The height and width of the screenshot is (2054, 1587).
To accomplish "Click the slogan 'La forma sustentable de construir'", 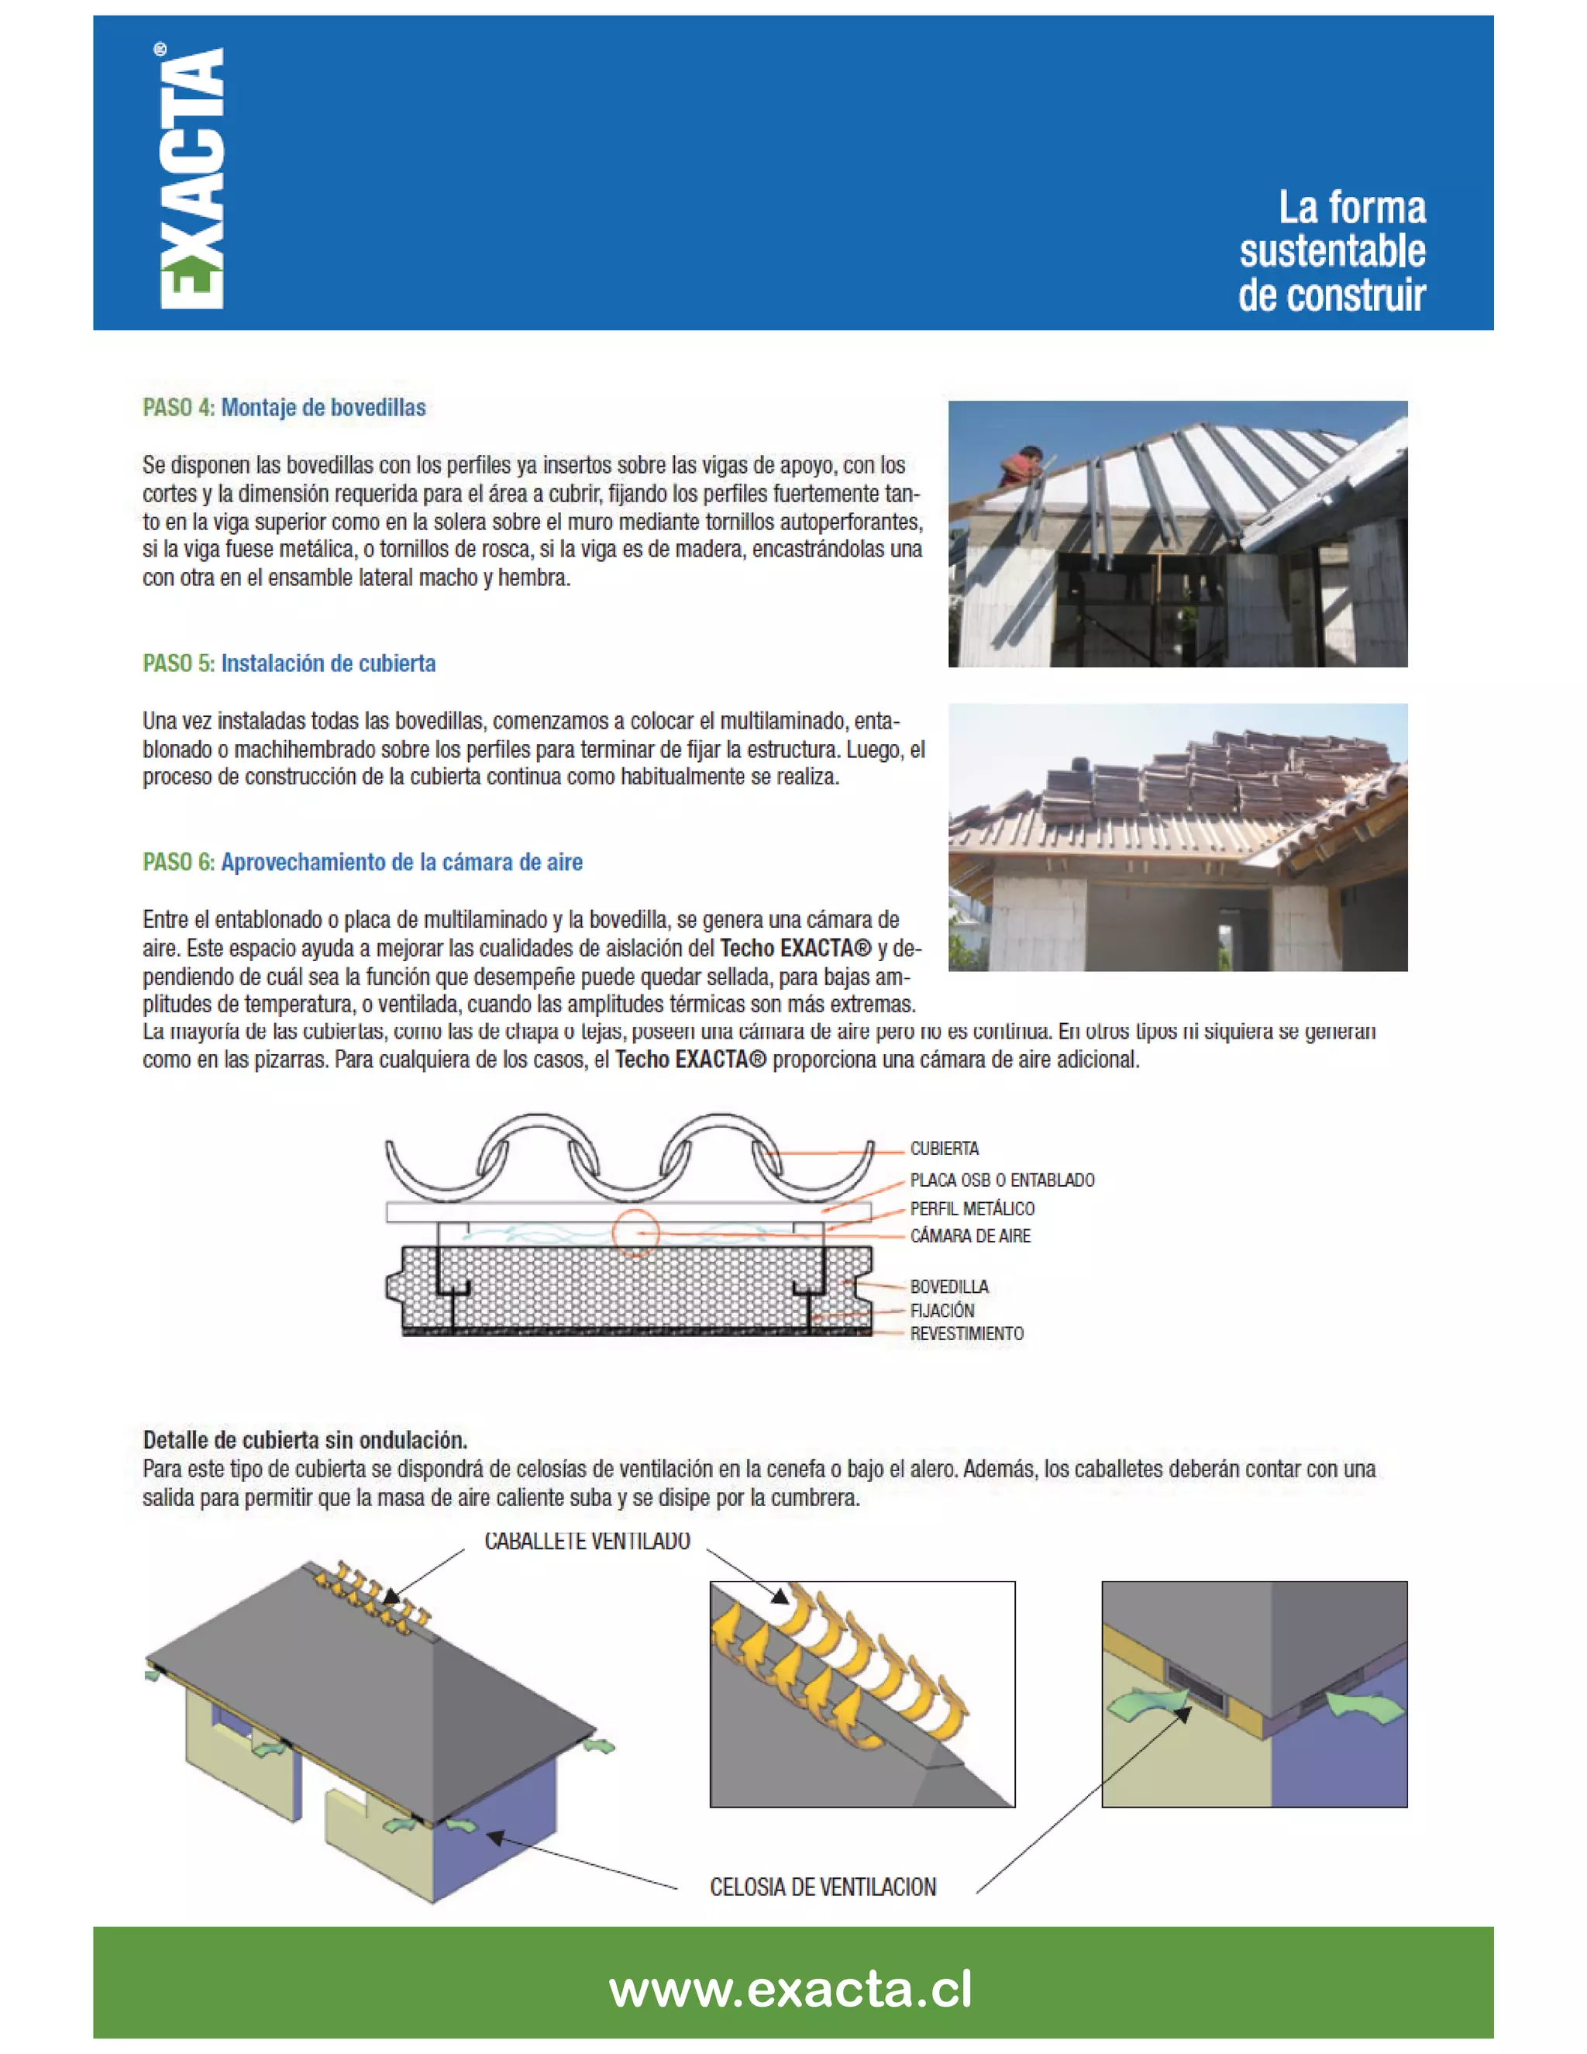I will pos(1331,251).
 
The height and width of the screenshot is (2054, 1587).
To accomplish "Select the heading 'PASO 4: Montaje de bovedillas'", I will pos(284,407).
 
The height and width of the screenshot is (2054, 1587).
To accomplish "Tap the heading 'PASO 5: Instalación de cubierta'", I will pos(288,663).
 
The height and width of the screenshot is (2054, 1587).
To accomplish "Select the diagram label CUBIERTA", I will pos(944,1149).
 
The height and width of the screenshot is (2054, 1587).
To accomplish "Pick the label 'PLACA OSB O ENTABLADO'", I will pos(1001,1180).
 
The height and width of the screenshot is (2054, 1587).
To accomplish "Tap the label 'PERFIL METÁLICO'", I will pos(971,1208).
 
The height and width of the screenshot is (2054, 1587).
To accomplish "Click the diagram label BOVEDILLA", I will pos(948,1286).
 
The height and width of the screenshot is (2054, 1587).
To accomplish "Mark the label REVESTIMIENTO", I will pos(966,1334).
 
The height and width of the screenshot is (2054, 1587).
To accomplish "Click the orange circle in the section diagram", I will pos(635,1233).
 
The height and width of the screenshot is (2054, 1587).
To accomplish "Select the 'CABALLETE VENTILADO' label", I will pos(587,1542).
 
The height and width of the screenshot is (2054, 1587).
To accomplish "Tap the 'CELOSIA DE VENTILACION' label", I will pos(823,1887).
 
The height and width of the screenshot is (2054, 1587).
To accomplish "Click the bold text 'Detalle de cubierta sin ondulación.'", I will pos(305,1440).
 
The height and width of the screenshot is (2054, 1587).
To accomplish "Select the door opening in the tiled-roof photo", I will pos(1226,932).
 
